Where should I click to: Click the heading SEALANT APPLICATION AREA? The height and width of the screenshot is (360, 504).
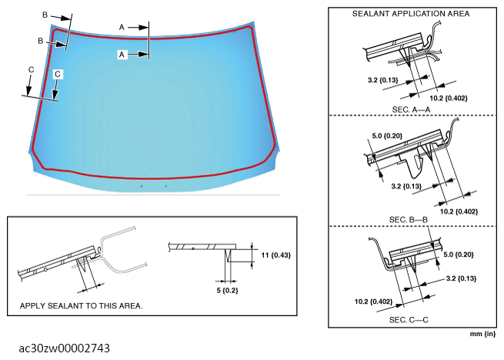click(x=410, y=14)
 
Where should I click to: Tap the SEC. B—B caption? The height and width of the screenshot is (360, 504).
click(x=409, y=219)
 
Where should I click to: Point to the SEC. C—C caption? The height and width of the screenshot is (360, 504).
click(x=409, y=319)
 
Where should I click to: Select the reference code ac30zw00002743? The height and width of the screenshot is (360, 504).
click(x=65, y=348)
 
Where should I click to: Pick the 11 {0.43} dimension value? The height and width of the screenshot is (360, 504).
click(x=276, y=254)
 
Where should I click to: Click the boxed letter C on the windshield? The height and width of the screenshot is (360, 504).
click(x=58, y=75)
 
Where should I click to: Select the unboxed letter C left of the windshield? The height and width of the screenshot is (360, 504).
click(x=30, y=70)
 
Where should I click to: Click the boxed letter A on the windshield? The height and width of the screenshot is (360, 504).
click(x=122, y=54)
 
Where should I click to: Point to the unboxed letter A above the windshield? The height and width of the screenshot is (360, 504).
click(x=122, y=26)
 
